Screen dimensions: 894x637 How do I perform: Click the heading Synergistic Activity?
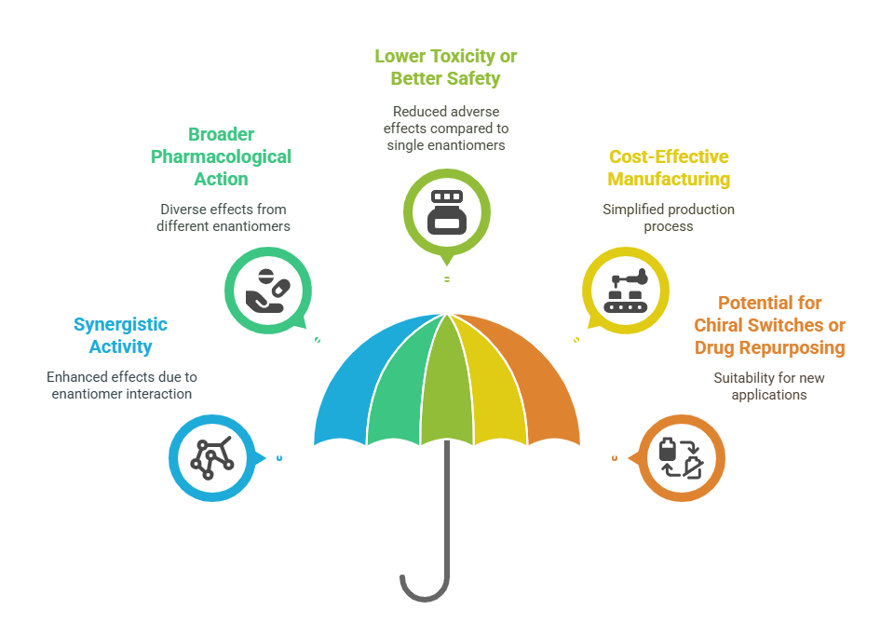point(120,335)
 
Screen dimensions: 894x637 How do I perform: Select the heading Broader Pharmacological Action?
point(222,156)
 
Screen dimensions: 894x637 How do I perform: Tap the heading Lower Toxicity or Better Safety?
point(446,67)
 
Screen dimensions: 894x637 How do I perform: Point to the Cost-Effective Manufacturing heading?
point(669,168)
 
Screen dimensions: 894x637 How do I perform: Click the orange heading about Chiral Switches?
point(770,325)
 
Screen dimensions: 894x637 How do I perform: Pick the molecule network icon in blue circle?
point(212,458)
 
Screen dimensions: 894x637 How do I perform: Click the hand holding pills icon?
point(268,291)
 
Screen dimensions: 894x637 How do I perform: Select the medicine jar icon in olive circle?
point(447,212)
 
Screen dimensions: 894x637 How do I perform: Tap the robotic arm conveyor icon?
point(626,291)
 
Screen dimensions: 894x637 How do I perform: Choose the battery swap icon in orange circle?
point(682,458)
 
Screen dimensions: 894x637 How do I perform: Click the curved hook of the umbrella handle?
point(425,598)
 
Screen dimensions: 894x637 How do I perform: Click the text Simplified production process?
point(669,218)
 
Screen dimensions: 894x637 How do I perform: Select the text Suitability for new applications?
point(769,386)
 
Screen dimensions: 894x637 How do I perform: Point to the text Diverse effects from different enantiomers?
point(223,218)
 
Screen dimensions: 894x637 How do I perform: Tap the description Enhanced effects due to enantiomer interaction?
point(121,386)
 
